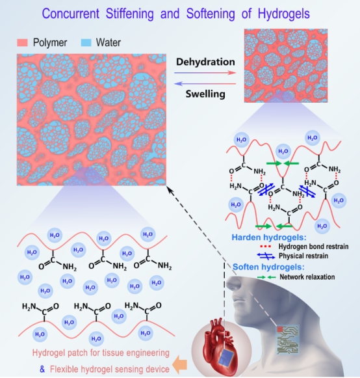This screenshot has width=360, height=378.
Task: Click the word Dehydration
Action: point(205,62)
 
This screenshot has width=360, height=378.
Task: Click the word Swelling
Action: point(205,94)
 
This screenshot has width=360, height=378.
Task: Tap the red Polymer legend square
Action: point(22,43)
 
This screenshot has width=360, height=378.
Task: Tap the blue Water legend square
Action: point(86,43)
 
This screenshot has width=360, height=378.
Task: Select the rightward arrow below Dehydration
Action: point(205,73)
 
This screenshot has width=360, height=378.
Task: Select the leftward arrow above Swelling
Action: point(205,84)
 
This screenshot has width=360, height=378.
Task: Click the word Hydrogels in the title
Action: point(284,14)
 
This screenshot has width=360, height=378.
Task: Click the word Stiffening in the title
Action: point(129,14)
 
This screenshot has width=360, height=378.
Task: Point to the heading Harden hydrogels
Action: point(269,237)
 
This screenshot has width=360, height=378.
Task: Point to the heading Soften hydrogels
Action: point(268,267)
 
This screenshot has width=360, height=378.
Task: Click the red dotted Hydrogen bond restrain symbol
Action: point(266,247)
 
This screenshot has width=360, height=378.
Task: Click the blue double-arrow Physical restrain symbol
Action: point(266,256)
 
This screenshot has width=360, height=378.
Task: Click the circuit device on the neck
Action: point(288,340)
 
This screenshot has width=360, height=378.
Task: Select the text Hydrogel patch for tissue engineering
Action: point(101,353)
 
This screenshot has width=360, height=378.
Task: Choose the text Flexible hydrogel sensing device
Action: point(110,369)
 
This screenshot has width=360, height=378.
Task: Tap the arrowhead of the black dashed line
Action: point(170,190)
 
